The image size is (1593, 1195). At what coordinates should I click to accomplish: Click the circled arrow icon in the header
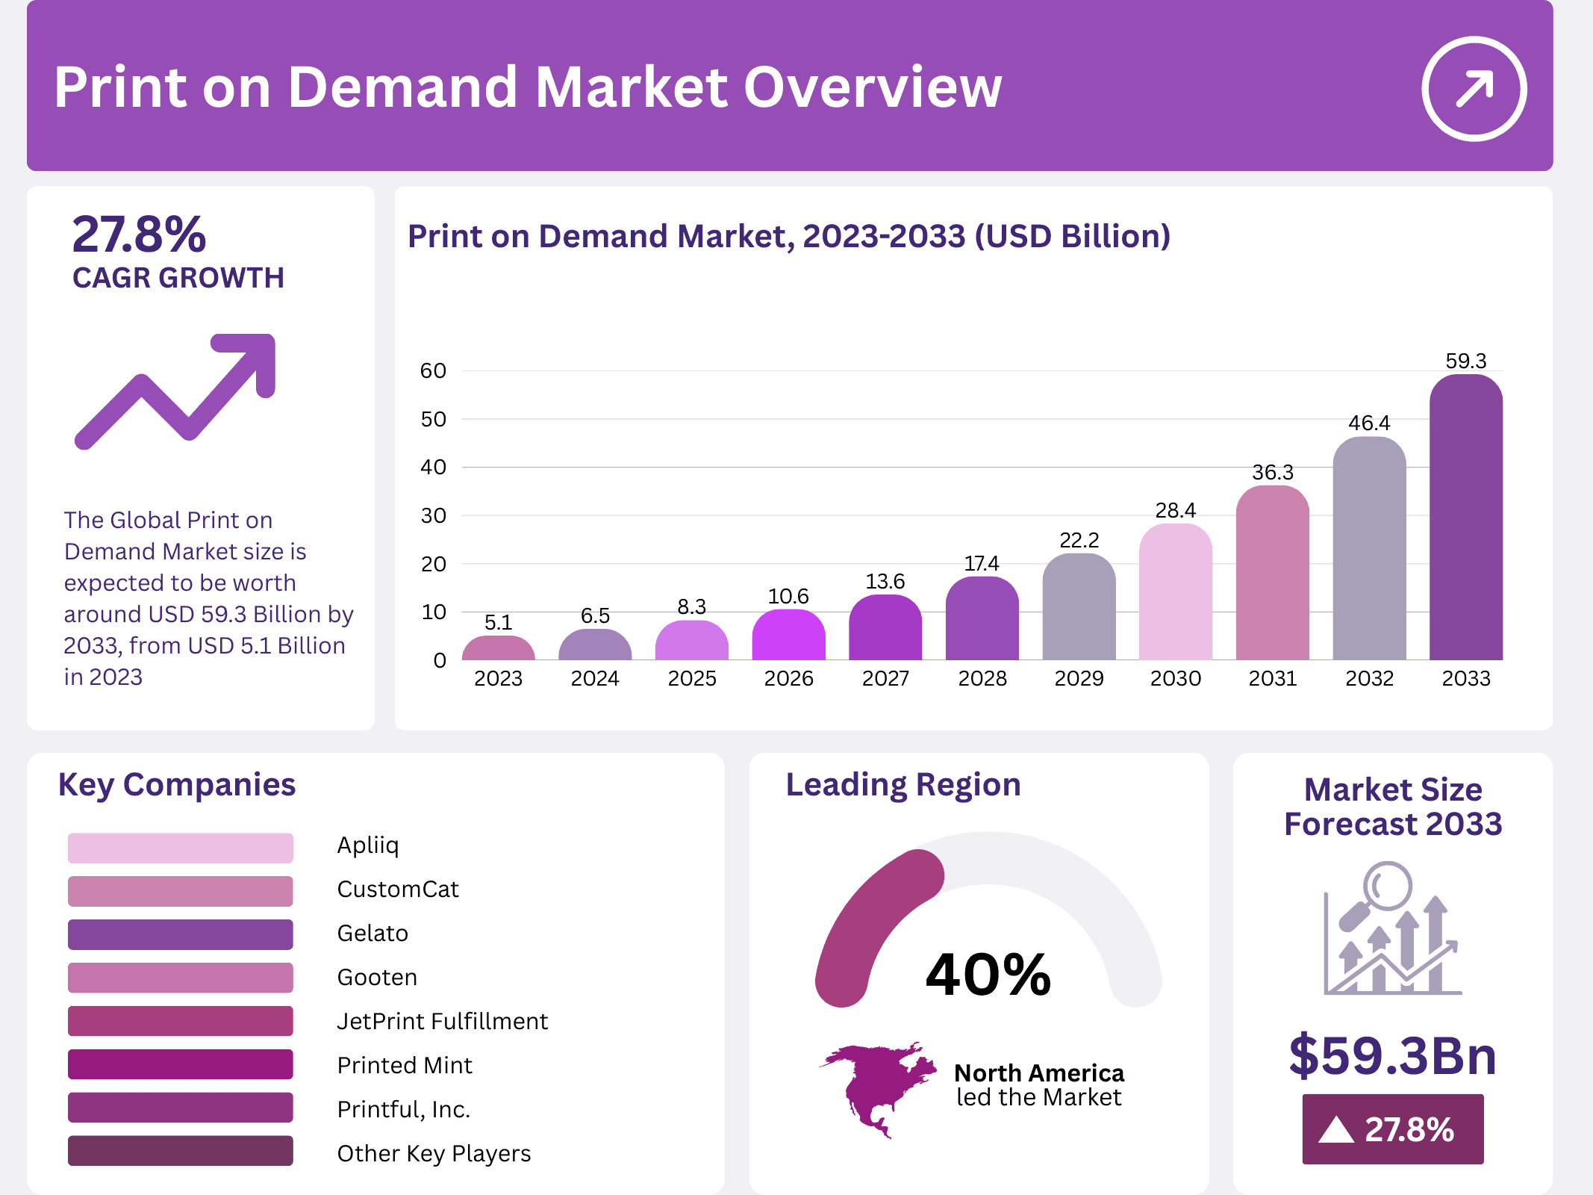click(1474, 89)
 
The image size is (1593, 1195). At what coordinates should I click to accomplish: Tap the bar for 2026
click(788, 636)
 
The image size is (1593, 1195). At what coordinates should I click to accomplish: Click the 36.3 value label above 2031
click(1272, 472)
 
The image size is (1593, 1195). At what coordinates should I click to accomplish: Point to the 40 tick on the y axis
click(433, 468)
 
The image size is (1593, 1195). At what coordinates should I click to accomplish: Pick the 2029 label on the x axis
click(1079, 678)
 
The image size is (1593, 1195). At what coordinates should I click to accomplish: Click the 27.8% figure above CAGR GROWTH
click(139, 235)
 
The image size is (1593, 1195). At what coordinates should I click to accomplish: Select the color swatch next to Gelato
click(180, 934)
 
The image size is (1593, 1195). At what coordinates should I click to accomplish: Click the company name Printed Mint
click(405, 1065)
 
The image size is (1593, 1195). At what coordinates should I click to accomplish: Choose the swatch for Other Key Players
click(180, 1151)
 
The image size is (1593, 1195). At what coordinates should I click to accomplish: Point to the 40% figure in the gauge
click(988, 975)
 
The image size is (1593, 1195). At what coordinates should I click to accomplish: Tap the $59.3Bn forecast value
click(1392, 1055)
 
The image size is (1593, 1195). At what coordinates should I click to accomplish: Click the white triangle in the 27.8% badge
click(1335, 1130)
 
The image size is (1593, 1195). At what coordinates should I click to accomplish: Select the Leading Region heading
click(903, 785)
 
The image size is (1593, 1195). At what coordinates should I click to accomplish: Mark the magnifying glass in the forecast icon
click(1386, 887)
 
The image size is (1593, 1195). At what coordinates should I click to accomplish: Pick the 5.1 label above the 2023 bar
click(498, 622)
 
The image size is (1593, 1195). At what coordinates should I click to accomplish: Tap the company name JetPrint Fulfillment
click(442, 1021)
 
